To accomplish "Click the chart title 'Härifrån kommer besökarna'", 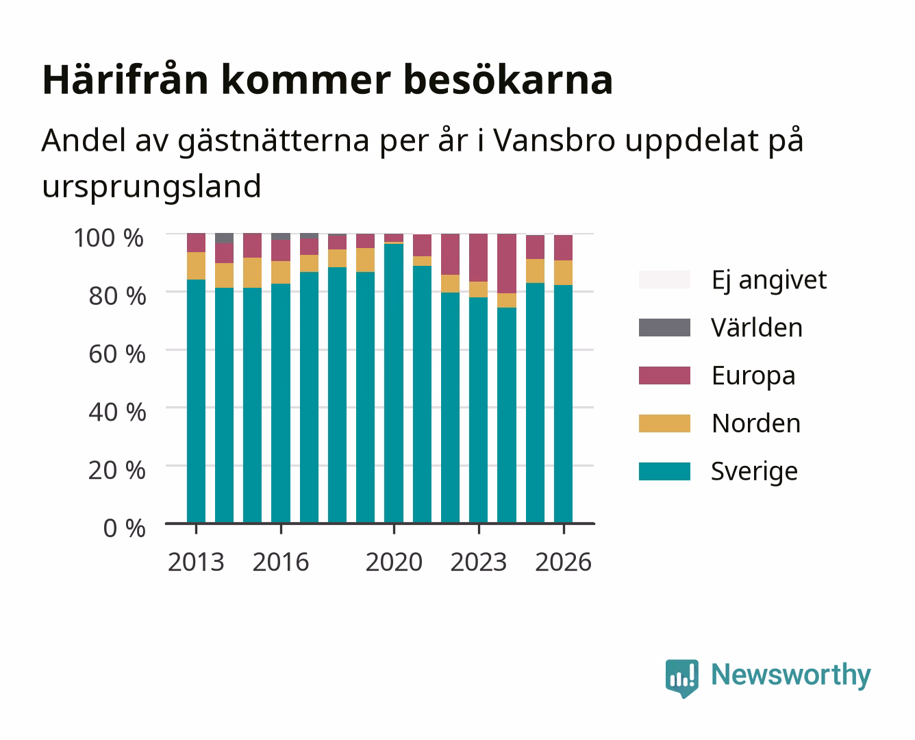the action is click(327, 80).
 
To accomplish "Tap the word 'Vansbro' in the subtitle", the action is click(554, 140).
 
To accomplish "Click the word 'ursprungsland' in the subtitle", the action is click(151, 187).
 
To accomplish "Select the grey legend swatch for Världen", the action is click(664, 328).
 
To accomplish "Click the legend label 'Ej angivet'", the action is click(769, 280).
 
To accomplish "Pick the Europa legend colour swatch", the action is click(664, 375).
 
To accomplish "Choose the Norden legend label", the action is click(756, 423).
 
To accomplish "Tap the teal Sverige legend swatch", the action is click(664, 471).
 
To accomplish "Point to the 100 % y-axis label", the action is click(109, 238).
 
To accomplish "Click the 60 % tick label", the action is click(117, 354).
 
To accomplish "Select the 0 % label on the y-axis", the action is click(124, 528).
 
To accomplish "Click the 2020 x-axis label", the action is click(394, 562).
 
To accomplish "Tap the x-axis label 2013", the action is click(196, 562).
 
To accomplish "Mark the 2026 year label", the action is click(563, 562).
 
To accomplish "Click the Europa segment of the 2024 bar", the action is click(507, 263).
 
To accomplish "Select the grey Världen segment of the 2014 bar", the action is click(224, 238).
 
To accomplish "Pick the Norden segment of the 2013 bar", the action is click(196, 266).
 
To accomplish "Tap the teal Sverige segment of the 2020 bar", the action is click(394, 383).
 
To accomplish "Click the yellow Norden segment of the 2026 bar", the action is click(563, 273).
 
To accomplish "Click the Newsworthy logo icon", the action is click(681, 678).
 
